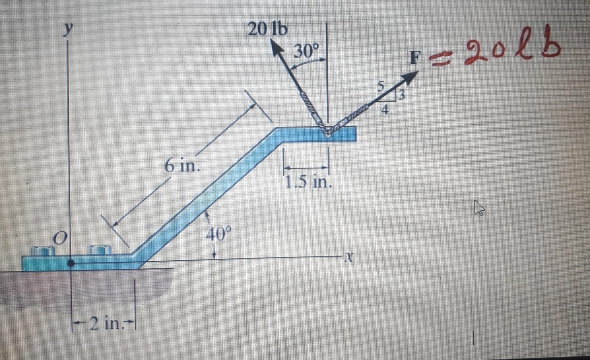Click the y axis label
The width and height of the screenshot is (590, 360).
[x=70, y=29]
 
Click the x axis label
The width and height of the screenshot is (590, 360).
[x=350, y=256]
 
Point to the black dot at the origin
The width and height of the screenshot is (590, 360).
[x=71, y=264]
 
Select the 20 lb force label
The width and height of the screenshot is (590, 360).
[x=267, y=29]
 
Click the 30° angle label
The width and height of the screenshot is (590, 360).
[x=306, y=51]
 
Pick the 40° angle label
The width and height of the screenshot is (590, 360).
[x=219, y=234]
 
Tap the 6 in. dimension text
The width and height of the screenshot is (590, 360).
[x=182, y=165]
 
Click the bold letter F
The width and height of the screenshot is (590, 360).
[x=414, y=58]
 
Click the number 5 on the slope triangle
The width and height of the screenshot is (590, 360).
[x=381, y=86]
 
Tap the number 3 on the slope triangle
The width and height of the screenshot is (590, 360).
[x=401, y=95]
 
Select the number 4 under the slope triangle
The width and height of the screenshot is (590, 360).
[x=385, y=109]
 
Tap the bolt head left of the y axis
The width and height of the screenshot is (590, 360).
[x=43, y=251]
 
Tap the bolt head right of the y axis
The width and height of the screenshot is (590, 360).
[x=99, y=250]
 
